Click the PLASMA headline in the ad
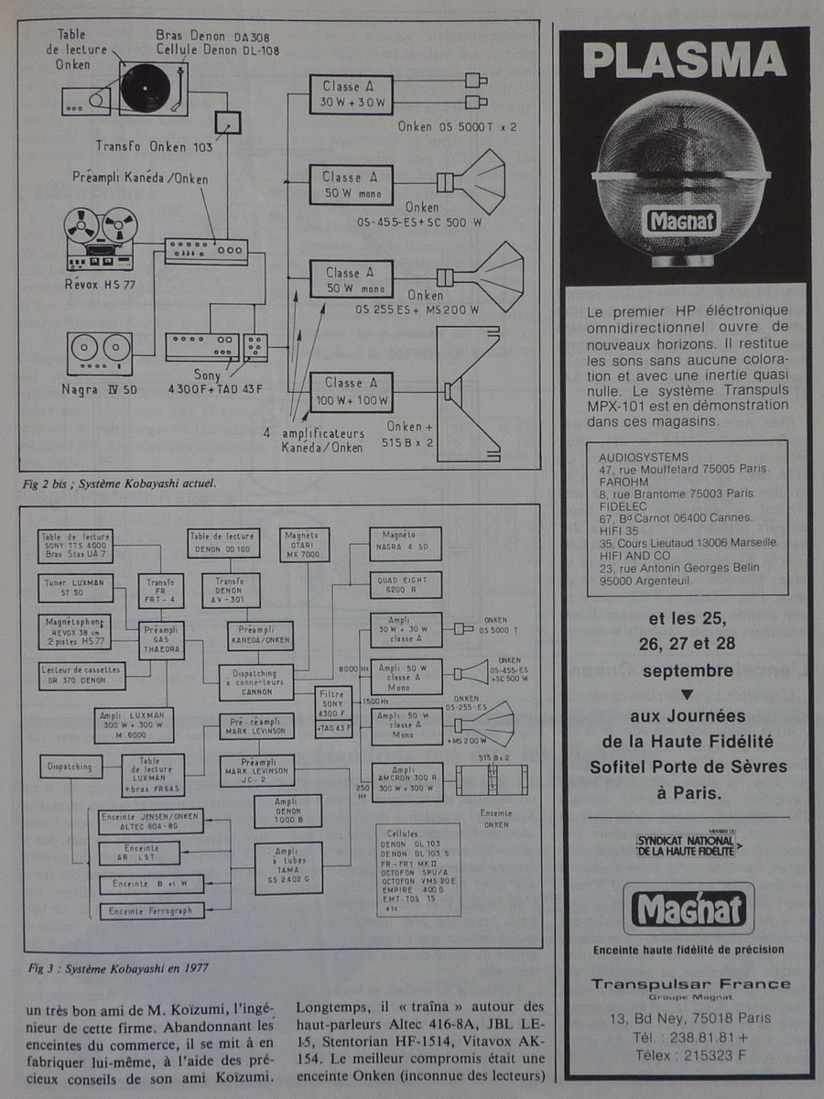tap(685, 62)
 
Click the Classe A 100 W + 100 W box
tap(350, 391)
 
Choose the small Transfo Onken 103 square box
tap(227, 122)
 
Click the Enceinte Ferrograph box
tap(137, 911)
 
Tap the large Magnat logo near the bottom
tap(686, 910)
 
